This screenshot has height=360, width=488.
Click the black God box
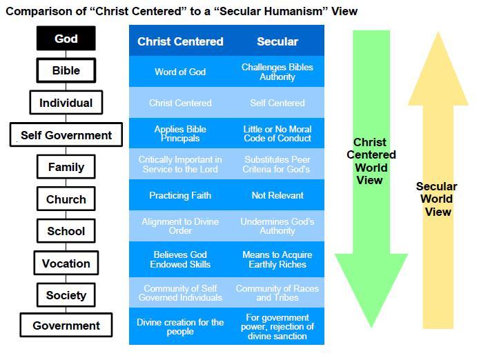(66, 39)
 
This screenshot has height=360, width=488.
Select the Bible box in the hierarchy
(66, 70)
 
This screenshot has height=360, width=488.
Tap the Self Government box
(66, 135)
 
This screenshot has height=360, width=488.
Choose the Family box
(66, 167)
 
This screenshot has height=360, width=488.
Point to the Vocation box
(66, 263)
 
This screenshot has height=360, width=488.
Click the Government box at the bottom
(66, 326)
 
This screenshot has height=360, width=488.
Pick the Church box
(66, 199)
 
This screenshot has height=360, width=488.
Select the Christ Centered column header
(180, 41)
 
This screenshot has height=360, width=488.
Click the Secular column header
(277, 41)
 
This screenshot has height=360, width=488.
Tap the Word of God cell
(180, 72)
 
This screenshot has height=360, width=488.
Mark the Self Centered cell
(277, 103)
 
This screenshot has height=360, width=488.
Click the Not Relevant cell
(277, 195)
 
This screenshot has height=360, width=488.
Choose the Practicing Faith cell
(180, 195)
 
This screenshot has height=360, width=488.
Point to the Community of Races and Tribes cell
(277, 293)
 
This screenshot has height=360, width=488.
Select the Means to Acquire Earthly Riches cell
(277, 259)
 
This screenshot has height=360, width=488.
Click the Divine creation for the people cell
(180, 327)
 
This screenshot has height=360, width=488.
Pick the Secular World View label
(437, 199)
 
